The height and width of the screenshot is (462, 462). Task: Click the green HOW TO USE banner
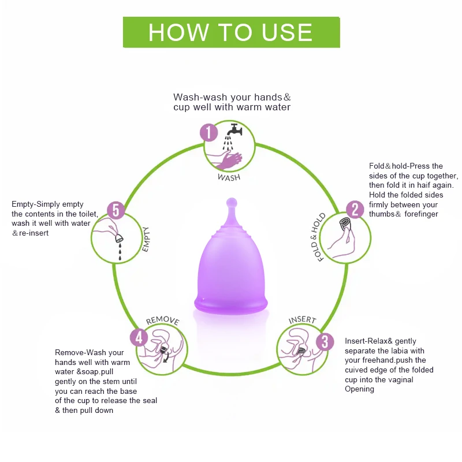coord(231,32)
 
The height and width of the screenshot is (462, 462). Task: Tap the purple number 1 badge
coord(208,133)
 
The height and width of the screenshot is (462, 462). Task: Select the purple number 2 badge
coord(354,210)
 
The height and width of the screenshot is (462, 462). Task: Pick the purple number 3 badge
coord(325,342)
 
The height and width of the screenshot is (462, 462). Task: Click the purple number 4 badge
coord(139,337)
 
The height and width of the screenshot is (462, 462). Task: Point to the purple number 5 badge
coord(115,210)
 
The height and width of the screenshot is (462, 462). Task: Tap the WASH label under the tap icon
coord(229,177)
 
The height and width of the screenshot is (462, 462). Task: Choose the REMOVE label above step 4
coord(162,321)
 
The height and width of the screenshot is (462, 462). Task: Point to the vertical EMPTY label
coord(146,239)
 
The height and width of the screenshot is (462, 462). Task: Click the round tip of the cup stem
coord(230,203)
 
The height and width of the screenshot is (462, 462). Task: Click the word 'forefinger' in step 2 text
coord(419,214)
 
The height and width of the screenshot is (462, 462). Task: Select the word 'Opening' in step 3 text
coord(359,389)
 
